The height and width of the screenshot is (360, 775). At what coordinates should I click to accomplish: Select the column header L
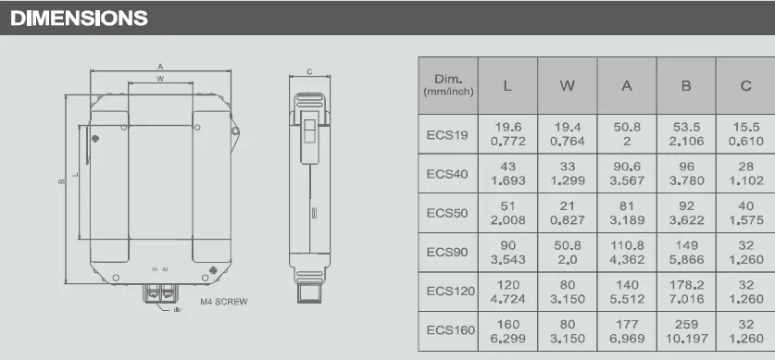coord(506,86)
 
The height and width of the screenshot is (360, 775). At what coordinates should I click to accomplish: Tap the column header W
coord(567,86)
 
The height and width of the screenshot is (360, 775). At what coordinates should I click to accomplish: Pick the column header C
coord(745,86)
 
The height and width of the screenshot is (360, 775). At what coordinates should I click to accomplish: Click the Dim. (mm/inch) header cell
coord(448,86)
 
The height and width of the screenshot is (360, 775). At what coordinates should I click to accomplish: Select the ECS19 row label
coord(448,134)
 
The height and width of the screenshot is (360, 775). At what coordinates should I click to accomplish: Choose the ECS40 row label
coord(448,174)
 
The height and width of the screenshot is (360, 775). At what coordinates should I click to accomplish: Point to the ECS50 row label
coord(448,214)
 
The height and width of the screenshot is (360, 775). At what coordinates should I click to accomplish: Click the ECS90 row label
coord(448,253)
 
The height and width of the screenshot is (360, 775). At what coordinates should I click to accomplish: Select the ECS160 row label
coord(450,329)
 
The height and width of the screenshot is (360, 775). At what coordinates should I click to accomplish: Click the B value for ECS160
coord(686,329)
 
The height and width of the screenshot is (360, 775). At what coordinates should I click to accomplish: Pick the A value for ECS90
coord(627,253)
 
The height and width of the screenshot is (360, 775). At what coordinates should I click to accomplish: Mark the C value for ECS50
coord(745,214)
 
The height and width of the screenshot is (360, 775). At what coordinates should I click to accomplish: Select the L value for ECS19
coord(506,134)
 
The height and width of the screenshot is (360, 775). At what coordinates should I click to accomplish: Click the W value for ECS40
coord(567,174)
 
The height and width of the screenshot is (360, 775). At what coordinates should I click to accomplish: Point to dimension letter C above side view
coord(308,71)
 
